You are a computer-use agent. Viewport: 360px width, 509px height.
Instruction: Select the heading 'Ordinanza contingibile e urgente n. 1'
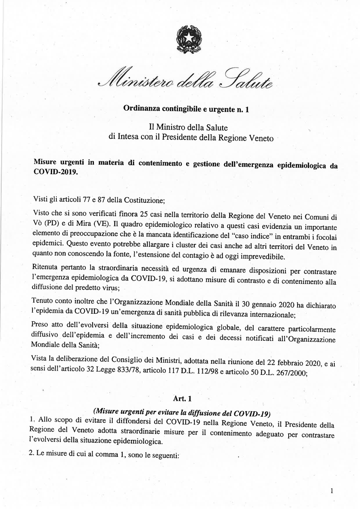click(186, 108)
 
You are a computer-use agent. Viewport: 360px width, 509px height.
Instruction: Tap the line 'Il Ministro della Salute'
click(185, 127)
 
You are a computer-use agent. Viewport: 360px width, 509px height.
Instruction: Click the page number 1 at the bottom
click(331, 491)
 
